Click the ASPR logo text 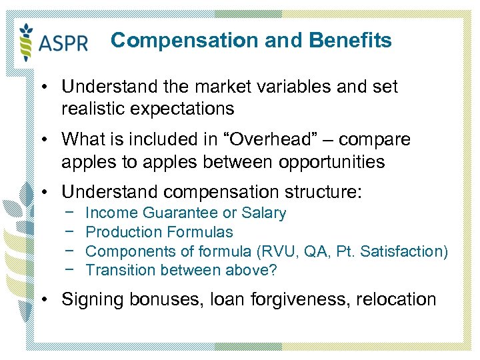(x=63, y=43)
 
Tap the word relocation (x=399, y=299)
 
